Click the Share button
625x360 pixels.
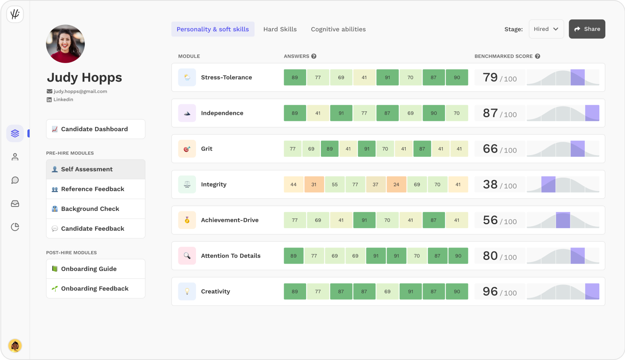[587, 29]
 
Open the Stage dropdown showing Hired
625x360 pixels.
[546, 29]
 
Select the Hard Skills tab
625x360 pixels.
[280, 29]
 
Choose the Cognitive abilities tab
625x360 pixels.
[338, 29]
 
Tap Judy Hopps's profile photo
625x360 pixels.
[65, 44]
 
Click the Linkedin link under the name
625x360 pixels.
[63, 100]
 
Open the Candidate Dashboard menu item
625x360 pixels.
[96, 129]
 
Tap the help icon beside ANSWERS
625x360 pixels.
[314, 56]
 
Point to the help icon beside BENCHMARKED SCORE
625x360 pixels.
[537, 56]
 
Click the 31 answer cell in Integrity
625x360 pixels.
[314, 184]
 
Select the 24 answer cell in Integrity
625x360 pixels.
[396, 184]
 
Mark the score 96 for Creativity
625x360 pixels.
[490, 291]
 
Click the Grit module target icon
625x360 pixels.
[187, 149]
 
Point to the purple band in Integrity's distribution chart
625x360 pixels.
[548, 184]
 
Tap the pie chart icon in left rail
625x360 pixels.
[15, 227]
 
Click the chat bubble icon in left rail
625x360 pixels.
[15, 180]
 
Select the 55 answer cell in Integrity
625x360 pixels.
[335, 184]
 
